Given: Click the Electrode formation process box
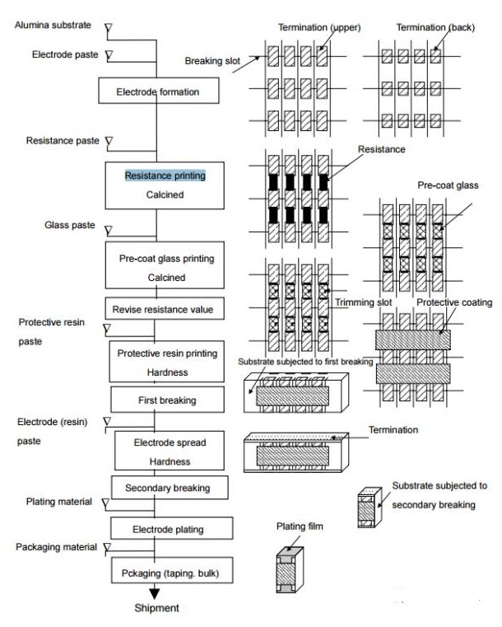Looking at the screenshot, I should (156, 91).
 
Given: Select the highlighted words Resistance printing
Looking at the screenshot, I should (165, 176).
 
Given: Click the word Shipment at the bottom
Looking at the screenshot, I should (156, 609).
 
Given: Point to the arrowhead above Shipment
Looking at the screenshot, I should (156, 592).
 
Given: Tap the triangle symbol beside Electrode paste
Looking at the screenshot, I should (109, 55).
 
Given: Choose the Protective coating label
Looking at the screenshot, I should (454, 302).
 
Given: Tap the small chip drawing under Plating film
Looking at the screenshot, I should (289, 569).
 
